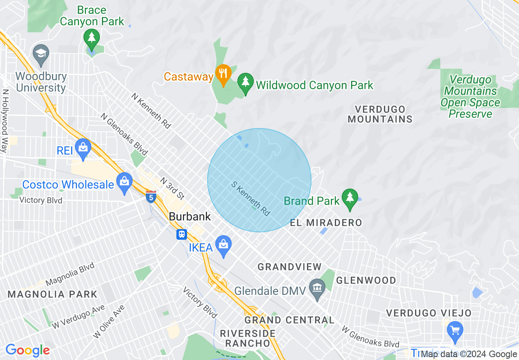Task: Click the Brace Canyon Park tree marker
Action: click(92, 38)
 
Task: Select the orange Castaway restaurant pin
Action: click(223, 74)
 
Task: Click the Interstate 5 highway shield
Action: click(151, 196)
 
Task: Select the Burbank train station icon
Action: click(181, 234)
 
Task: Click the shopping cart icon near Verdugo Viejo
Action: click(455, 330)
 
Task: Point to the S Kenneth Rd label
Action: click(251, 199)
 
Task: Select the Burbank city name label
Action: click(190, 216)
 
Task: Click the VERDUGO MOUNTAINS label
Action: click(380, 114)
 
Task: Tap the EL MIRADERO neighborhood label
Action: click(326, 223)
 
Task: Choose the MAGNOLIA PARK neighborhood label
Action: click(52, 294)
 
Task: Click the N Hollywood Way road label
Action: click(5, 122)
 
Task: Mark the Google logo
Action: click(27, 351)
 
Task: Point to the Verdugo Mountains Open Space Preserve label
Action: click(470, 97)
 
